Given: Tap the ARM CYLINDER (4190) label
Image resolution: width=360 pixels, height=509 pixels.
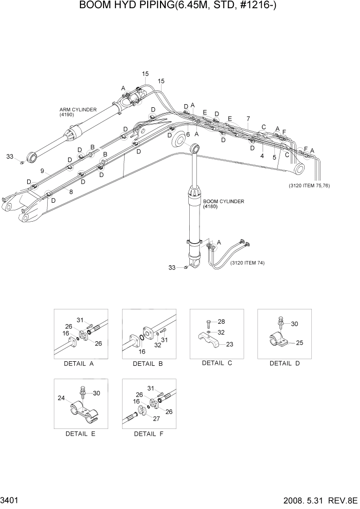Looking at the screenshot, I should click(75, 112).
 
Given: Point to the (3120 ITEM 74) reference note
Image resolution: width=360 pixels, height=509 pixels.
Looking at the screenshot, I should click(251, 263).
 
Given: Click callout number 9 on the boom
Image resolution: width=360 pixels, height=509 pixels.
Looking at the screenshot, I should click(42, 171).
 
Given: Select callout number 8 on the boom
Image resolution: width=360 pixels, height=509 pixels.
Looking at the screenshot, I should click(71, 192).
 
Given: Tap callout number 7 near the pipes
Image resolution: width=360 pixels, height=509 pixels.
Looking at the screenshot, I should click(248, 119).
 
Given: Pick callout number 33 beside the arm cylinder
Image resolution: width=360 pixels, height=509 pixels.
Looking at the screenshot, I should click(10, 156).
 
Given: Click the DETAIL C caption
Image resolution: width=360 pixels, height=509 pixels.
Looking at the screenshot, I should click(217, 363).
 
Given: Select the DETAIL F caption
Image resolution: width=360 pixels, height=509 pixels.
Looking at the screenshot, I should click(149, 434).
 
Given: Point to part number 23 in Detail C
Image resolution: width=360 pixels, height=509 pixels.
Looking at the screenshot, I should click(229, 344).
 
